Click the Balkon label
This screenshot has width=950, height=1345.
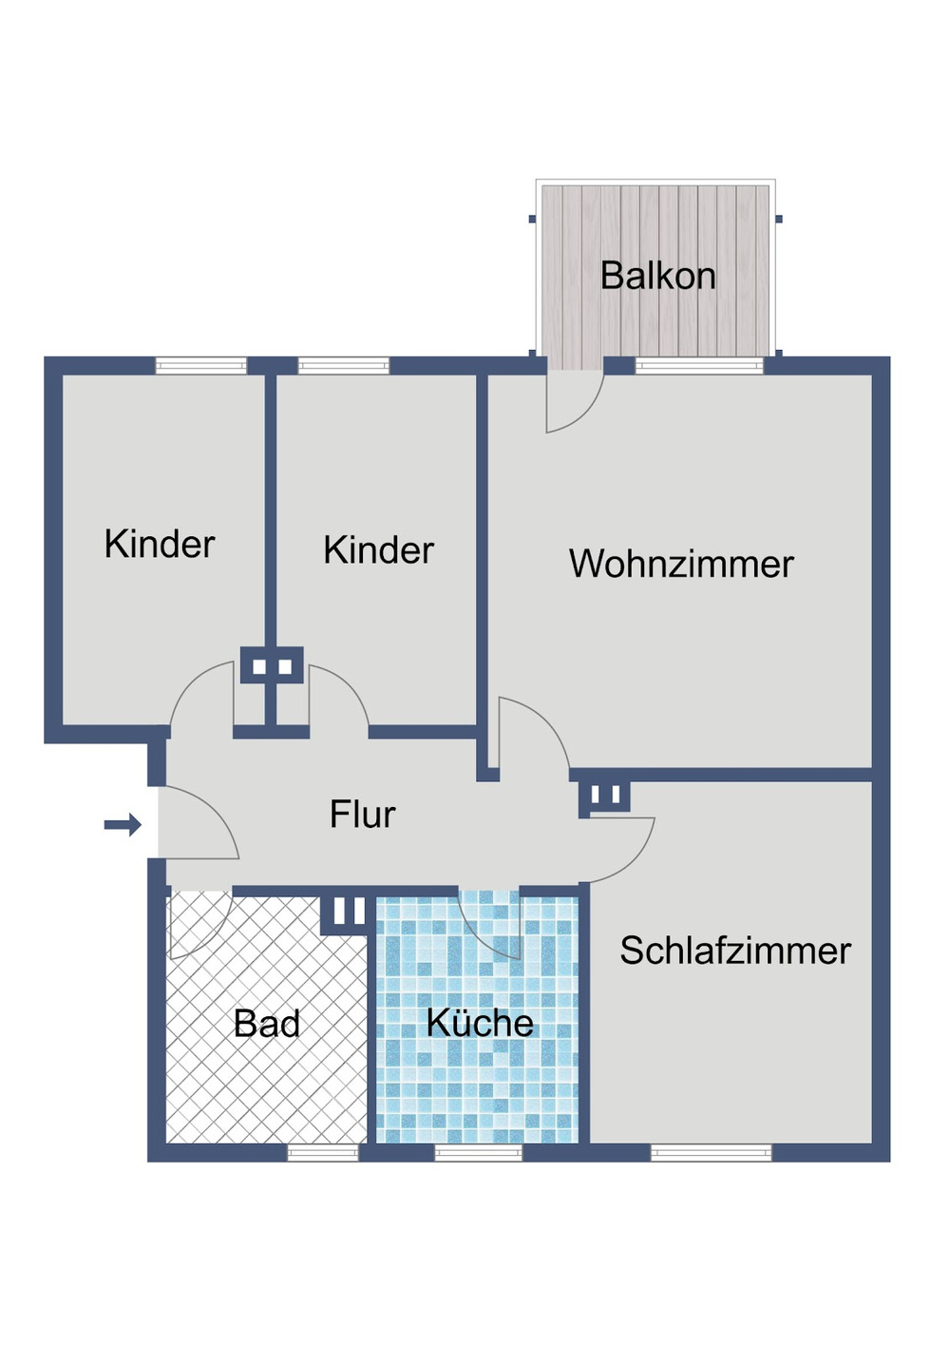657,276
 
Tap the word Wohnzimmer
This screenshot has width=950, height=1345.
681,564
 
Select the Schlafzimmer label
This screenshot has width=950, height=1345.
735,951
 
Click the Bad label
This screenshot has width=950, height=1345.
266,1023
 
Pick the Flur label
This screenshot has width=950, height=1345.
363,815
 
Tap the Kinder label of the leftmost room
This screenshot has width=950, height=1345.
160,544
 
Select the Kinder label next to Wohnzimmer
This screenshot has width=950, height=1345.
379,549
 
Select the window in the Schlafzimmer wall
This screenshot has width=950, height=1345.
712,1152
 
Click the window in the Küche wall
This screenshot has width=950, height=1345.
478,1152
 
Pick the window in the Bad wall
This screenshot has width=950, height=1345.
323,1152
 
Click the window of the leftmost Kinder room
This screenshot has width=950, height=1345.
201,366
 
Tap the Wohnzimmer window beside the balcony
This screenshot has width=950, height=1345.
699,366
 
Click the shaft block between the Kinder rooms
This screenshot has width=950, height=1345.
272,665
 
